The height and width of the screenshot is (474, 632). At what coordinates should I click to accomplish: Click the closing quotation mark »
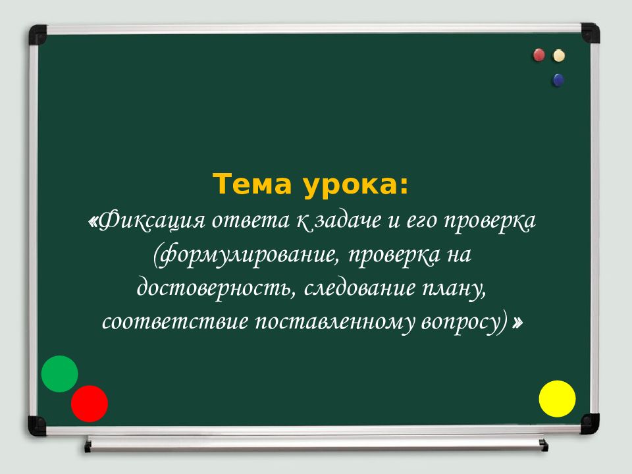pyautogui.click(x=519, y=323)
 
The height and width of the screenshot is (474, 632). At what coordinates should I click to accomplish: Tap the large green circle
pyautogui.click(x=60, y=374)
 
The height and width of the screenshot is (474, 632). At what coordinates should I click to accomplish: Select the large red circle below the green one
pyautogui.click(x=90, y=404)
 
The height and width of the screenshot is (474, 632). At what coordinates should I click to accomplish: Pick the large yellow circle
pyautogui.click(x=558, y=398)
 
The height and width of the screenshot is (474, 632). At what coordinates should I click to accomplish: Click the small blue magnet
pyautogui.click(x=558, y=80)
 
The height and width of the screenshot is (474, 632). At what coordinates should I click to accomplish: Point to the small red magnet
pyautogui.click(x=539, y=55)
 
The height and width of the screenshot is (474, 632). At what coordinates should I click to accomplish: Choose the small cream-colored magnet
pyautogui.click(x=559, y=55)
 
